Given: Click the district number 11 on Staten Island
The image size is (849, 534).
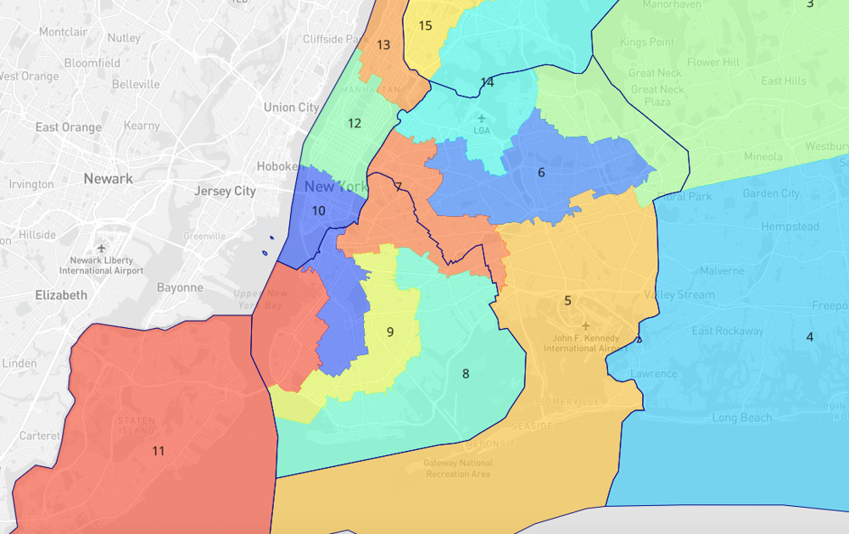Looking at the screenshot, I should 159,451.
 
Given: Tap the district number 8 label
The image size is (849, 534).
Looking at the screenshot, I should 466,374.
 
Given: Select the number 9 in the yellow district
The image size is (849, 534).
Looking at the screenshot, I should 390,331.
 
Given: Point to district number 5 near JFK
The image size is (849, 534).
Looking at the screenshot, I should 567,300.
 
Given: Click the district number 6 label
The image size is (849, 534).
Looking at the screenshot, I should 541,173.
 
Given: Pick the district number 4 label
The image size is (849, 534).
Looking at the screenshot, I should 809,337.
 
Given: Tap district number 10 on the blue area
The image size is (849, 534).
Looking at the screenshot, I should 318,211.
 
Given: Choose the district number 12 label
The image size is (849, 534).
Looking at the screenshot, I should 355,123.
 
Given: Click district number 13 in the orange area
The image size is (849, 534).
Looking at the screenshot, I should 383,45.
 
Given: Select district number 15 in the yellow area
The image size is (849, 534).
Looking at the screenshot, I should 426,25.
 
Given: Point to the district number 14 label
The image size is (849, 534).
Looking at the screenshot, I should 487,82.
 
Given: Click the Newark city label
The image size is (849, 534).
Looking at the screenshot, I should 108,179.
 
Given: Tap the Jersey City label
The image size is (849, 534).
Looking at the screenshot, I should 225,191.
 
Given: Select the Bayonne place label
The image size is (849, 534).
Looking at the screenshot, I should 180,287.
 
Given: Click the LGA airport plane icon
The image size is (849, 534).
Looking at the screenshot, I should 482,118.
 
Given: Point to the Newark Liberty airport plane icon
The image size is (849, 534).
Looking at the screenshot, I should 102,248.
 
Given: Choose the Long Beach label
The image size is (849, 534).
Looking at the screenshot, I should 742,417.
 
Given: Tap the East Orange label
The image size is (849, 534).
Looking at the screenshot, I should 68,127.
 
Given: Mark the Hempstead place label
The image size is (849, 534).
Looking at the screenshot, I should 790,226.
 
